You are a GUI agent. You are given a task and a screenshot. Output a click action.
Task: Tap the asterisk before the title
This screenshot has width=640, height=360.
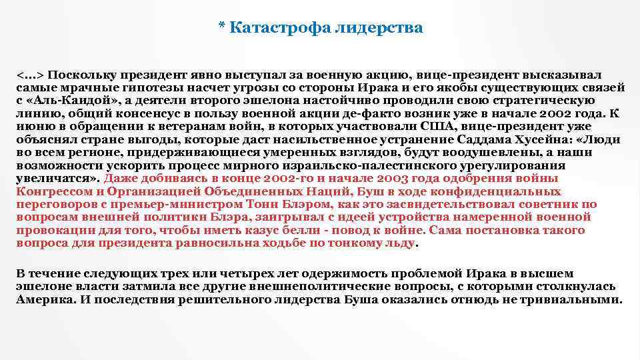221,27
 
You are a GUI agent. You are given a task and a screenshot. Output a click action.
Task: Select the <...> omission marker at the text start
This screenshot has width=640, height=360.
30,75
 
